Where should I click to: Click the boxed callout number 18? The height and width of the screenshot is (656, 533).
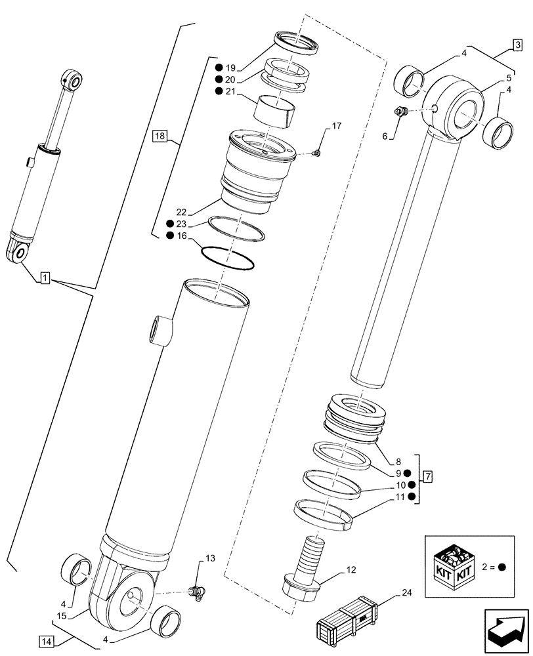click(160, 136)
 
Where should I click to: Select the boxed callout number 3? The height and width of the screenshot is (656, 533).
click(518, 45)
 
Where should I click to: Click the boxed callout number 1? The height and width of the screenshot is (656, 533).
click(43, 279)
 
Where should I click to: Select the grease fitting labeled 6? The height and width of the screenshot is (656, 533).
click(400, 113)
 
